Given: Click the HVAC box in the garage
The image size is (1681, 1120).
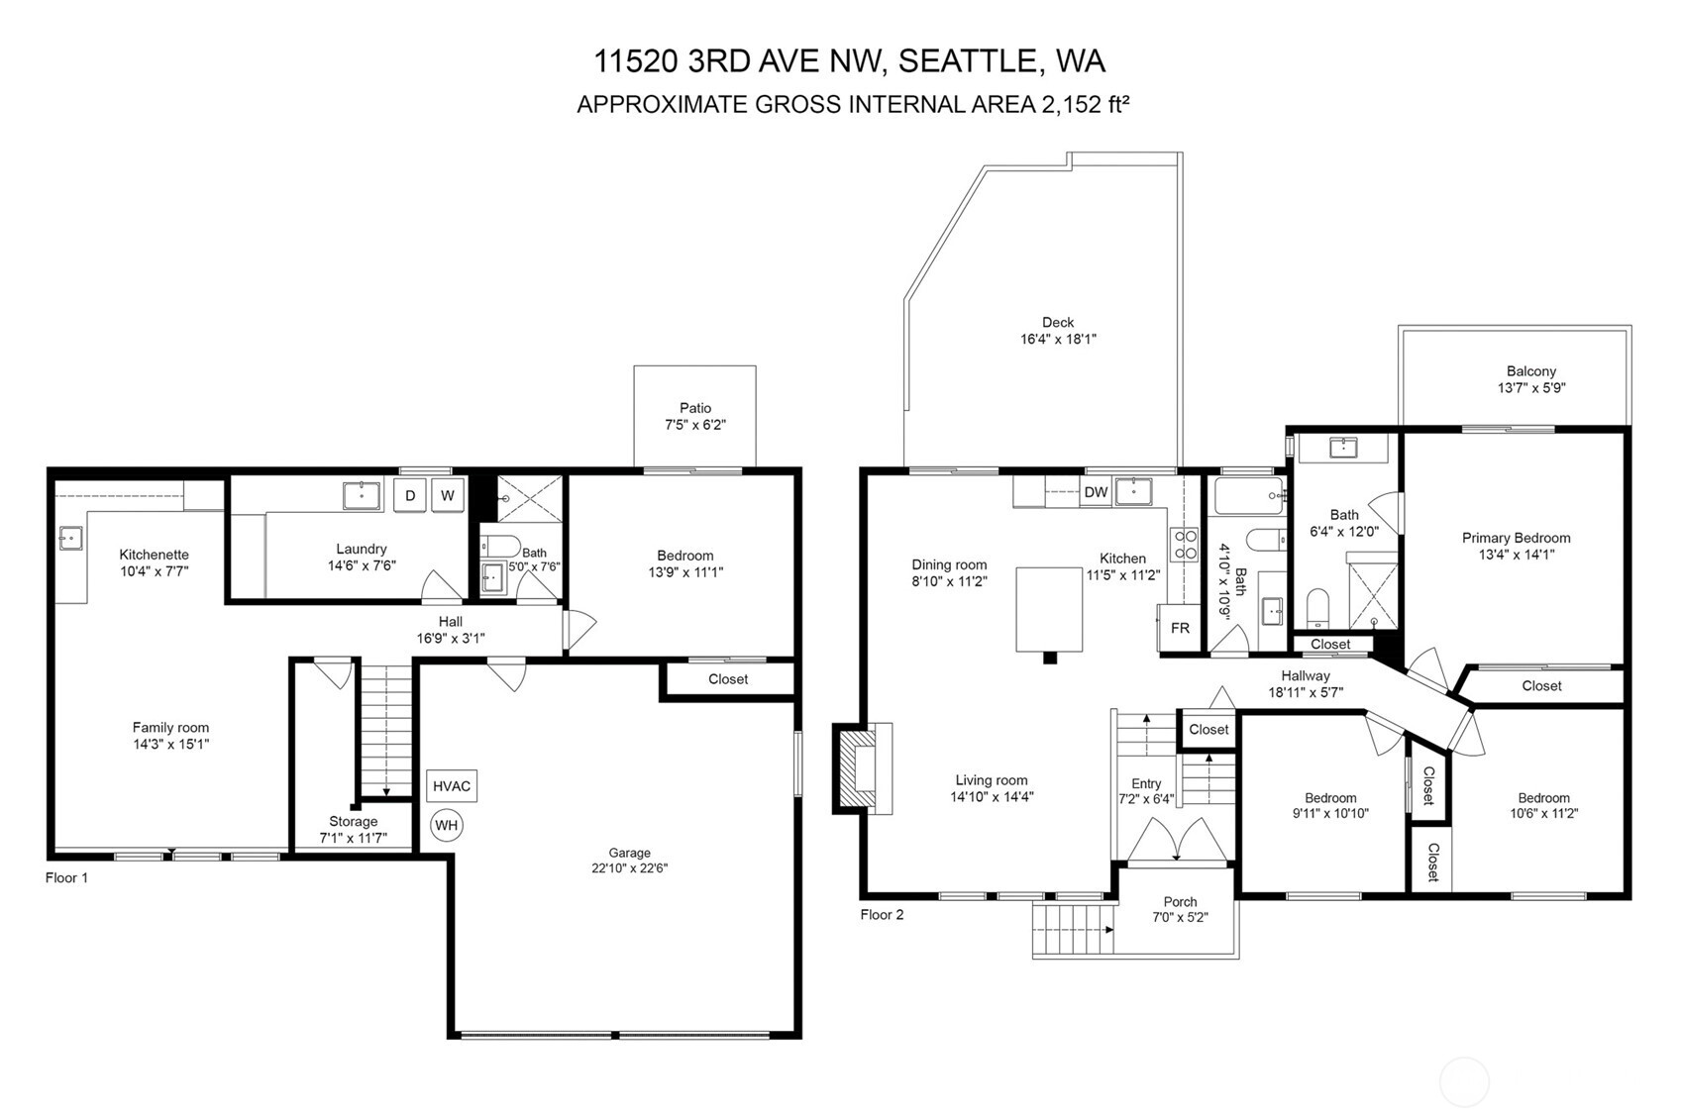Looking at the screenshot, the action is click(x=451, y=786).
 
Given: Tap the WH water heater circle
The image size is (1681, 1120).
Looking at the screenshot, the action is click(x=447, y=825).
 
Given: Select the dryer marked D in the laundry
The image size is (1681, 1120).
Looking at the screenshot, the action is click(x=410, y=495).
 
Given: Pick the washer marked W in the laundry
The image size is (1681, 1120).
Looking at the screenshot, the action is click(x=448, y=495).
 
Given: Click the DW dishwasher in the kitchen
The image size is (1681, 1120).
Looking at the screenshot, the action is click(x=1097, y=492).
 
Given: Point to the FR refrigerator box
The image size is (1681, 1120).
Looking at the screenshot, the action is click(x=1180, y=628).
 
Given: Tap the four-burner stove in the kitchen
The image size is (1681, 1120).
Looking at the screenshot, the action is click(x=1186, y=545).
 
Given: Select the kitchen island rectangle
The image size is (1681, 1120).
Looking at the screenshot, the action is click(x=1049, y=609).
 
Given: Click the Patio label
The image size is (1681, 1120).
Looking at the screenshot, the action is click(x=695, y=408).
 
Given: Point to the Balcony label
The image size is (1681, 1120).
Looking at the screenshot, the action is click(x=1531, y=370).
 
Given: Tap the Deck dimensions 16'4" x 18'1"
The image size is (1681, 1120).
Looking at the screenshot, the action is click(x=1058, y=339).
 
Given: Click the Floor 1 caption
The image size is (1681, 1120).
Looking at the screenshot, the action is click(x=66, y=877).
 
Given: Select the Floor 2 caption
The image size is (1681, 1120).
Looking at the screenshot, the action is click(x=882, y=914).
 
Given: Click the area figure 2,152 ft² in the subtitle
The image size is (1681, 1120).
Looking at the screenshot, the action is click(x=1085, y=104).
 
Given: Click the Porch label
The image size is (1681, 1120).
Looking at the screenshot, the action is click(x=1181, y=902).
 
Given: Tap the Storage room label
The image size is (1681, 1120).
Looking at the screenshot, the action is click(x=354, y=822).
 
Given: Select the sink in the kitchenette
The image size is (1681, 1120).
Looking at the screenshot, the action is click(x=70, y=538).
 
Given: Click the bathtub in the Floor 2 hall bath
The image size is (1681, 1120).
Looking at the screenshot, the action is click(x=1249, y=496).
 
